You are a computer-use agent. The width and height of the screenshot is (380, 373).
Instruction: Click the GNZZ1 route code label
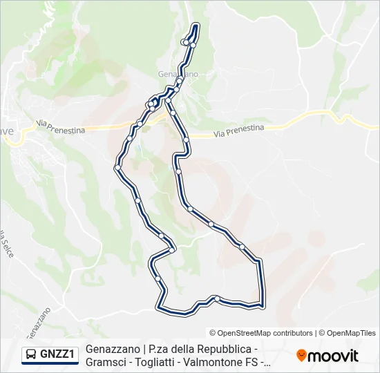(58, 354)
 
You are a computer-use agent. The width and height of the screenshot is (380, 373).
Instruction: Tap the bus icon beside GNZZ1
(32, 354)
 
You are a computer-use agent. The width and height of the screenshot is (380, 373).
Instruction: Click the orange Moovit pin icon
(301, 356)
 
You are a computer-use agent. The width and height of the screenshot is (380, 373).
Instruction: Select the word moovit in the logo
(333, 356)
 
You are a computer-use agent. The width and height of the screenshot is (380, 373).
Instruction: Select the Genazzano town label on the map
(178, 73)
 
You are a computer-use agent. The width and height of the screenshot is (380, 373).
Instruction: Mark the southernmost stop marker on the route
(217, 298)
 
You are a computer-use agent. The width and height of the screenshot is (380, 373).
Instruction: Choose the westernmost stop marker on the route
(118, 167)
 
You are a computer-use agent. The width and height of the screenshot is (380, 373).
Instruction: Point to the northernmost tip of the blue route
(196, 26)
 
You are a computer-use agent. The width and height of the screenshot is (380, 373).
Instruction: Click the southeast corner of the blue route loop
(263, 303)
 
